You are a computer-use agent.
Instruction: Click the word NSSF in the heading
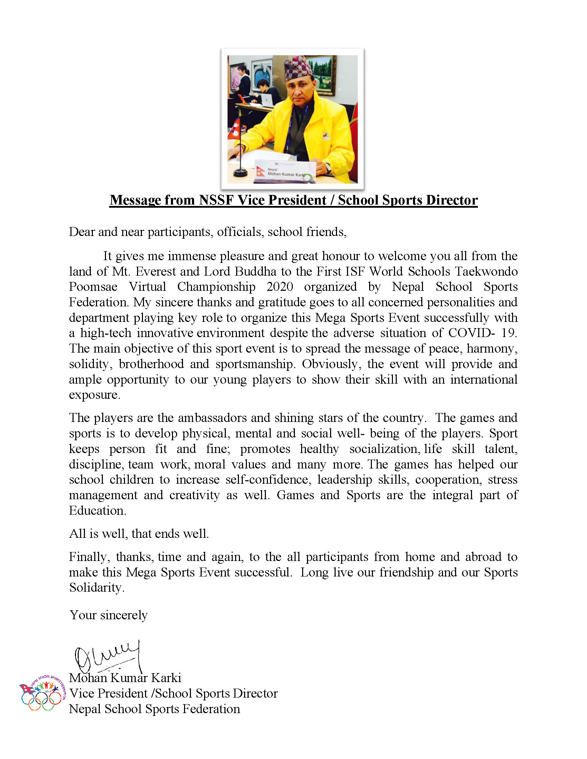pyautogui.click(x=215, y=200)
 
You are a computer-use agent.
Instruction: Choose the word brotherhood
pyautogui.click(x=151, y=364)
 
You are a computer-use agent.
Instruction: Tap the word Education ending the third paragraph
pyautogui.click(x=97, y=511)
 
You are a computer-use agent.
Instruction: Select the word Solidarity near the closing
pyautogui.click(x=96, y=588)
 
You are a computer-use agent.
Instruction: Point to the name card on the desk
pyautogui.click(x=285, y=171)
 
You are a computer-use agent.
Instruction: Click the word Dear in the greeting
pyautogui.click(x=82, y=232)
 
